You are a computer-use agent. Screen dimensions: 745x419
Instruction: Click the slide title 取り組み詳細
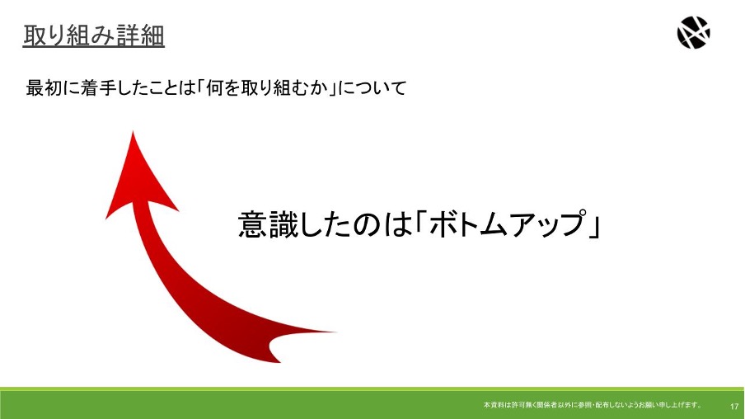[94, 35]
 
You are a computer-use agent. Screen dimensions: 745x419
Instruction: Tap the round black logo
[693, 32]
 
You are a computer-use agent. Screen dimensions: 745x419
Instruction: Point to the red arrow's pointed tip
[133, 132]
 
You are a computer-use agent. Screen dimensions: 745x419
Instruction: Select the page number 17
[734, 406]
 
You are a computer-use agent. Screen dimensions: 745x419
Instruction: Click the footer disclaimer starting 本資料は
[593, 405]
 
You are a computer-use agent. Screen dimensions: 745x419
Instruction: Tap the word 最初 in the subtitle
[44, 88]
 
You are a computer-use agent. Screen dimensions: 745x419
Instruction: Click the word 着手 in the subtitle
[99, 88]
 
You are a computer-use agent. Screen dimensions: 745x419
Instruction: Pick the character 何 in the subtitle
[215, 88]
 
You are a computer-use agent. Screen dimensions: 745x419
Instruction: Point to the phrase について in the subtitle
[372, 88]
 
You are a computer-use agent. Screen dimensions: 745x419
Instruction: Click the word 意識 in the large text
[269, 224]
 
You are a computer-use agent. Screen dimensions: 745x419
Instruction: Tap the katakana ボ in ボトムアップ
[444, 223]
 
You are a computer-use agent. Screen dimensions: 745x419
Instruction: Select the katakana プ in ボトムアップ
[570, 223]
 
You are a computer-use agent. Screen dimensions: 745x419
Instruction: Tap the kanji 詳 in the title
[129, 35]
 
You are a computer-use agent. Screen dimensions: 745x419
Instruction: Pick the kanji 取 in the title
[35, 35]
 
